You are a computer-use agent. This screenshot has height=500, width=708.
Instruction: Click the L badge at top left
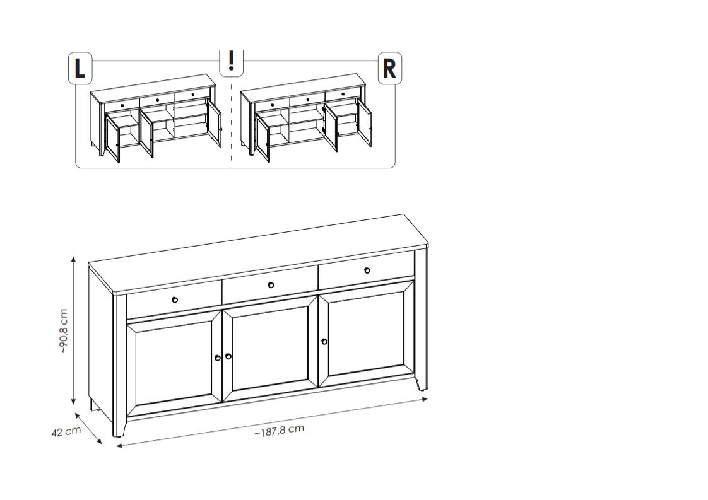point(80,67)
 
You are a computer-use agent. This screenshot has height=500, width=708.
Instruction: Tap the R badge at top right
point(389,67)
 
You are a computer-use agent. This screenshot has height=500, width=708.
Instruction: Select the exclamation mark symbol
point(231,61)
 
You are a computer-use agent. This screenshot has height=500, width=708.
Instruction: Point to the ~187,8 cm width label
point(279,431)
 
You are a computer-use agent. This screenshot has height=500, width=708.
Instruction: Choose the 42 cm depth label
point(66,431)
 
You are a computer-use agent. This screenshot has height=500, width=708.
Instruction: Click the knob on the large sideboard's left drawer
point(175,299)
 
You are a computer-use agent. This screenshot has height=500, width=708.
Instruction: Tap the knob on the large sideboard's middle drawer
point(271,285)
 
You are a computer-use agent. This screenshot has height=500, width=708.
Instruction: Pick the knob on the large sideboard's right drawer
point(367,270)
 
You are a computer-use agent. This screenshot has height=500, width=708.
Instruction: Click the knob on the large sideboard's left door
point(218,358)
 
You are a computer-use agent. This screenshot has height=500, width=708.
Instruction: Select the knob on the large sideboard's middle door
point(228,356)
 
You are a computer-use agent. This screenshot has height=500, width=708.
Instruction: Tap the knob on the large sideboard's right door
point(324,342)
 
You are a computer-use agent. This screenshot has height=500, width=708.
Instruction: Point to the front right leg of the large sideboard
point(421,383)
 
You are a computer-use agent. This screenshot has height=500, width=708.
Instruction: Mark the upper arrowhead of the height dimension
point(74,260)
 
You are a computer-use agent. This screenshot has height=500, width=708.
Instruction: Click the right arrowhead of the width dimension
point(424,399)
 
